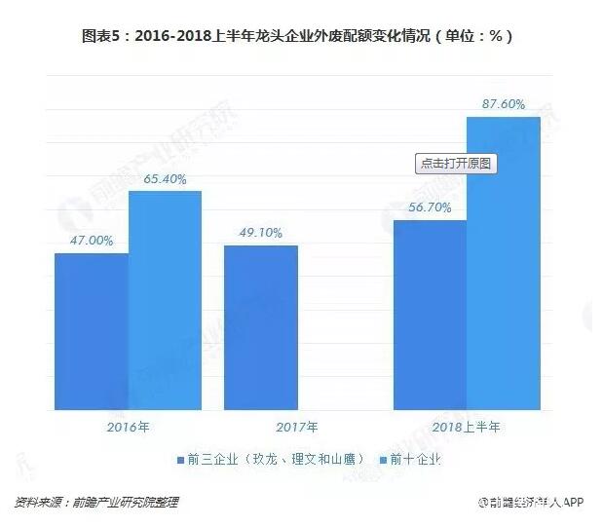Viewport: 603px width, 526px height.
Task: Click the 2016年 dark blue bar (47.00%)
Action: (x=92, y=331)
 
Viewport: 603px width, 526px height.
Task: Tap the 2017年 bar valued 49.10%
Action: (x=260, y=327)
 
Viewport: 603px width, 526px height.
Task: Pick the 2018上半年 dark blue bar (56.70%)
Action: (x=430, y=315)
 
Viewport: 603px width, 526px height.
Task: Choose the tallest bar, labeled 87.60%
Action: (x=503, y=263)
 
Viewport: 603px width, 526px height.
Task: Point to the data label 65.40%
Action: (x=165, y=179)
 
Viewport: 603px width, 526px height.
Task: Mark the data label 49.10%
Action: (x=260, y=233)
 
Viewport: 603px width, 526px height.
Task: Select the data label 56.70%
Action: (x=430, y=207)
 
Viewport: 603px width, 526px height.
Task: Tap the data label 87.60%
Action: (x=503, y=104)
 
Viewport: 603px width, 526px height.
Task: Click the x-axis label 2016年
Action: (x=128, y=427)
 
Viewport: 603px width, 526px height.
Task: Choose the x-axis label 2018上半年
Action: (x=467, y=427)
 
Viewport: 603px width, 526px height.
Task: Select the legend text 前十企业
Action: (x=416, y=459)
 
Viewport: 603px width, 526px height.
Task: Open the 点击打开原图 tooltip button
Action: (x=457, y=164)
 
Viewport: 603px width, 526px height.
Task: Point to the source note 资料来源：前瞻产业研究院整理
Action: (x=96, y=503)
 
